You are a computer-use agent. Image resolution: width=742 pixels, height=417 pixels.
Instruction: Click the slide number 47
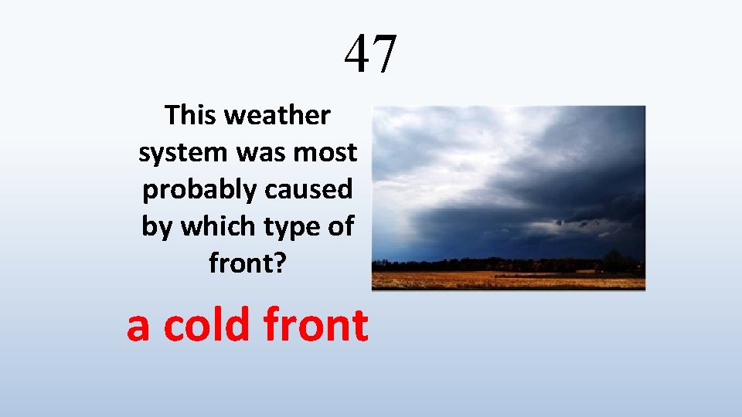click(x=371, y=54)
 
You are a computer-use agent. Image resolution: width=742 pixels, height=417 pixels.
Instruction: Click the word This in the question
click(x=192, y=116)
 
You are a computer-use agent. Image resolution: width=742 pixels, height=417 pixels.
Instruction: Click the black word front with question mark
click(x=247, y=264)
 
